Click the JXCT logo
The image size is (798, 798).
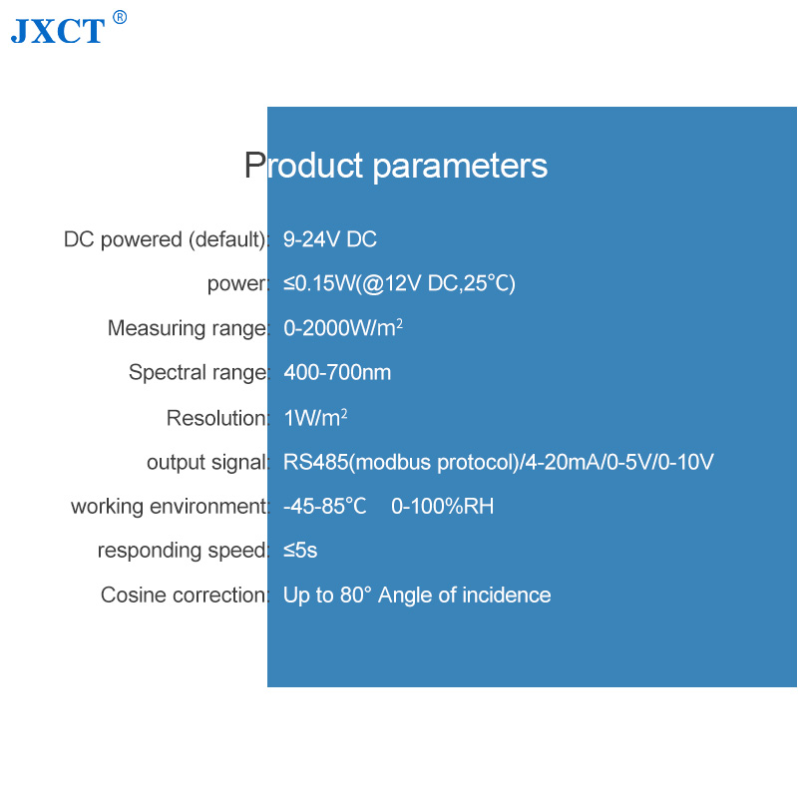point(58,31)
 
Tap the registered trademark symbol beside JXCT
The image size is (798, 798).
point(120,17)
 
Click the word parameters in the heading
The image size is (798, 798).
point(460,167)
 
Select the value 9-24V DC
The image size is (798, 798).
point(330,239)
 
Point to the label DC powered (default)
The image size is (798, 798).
point(165,239)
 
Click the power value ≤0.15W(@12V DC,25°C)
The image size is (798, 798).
point(400,283)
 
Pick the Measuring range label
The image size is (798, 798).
point(187,328)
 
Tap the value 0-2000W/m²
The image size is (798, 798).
point(343,328)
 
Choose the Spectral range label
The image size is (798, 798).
point(198,372)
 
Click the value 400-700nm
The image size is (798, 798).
point(337,372)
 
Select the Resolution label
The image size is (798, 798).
point(216,418)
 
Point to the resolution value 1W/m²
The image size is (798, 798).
point(315,418)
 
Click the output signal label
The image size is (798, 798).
point(206,462)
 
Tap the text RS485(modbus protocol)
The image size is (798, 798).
point(401,462)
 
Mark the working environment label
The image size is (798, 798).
point(169,507)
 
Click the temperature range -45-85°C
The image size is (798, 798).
point(325,507)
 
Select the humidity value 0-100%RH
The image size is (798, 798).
point(442,507)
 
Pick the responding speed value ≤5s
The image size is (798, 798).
point(300,551)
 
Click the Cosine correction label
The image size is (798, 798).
point(184,595)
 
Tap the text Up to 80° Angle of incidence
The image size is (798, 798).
point(417,596)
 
